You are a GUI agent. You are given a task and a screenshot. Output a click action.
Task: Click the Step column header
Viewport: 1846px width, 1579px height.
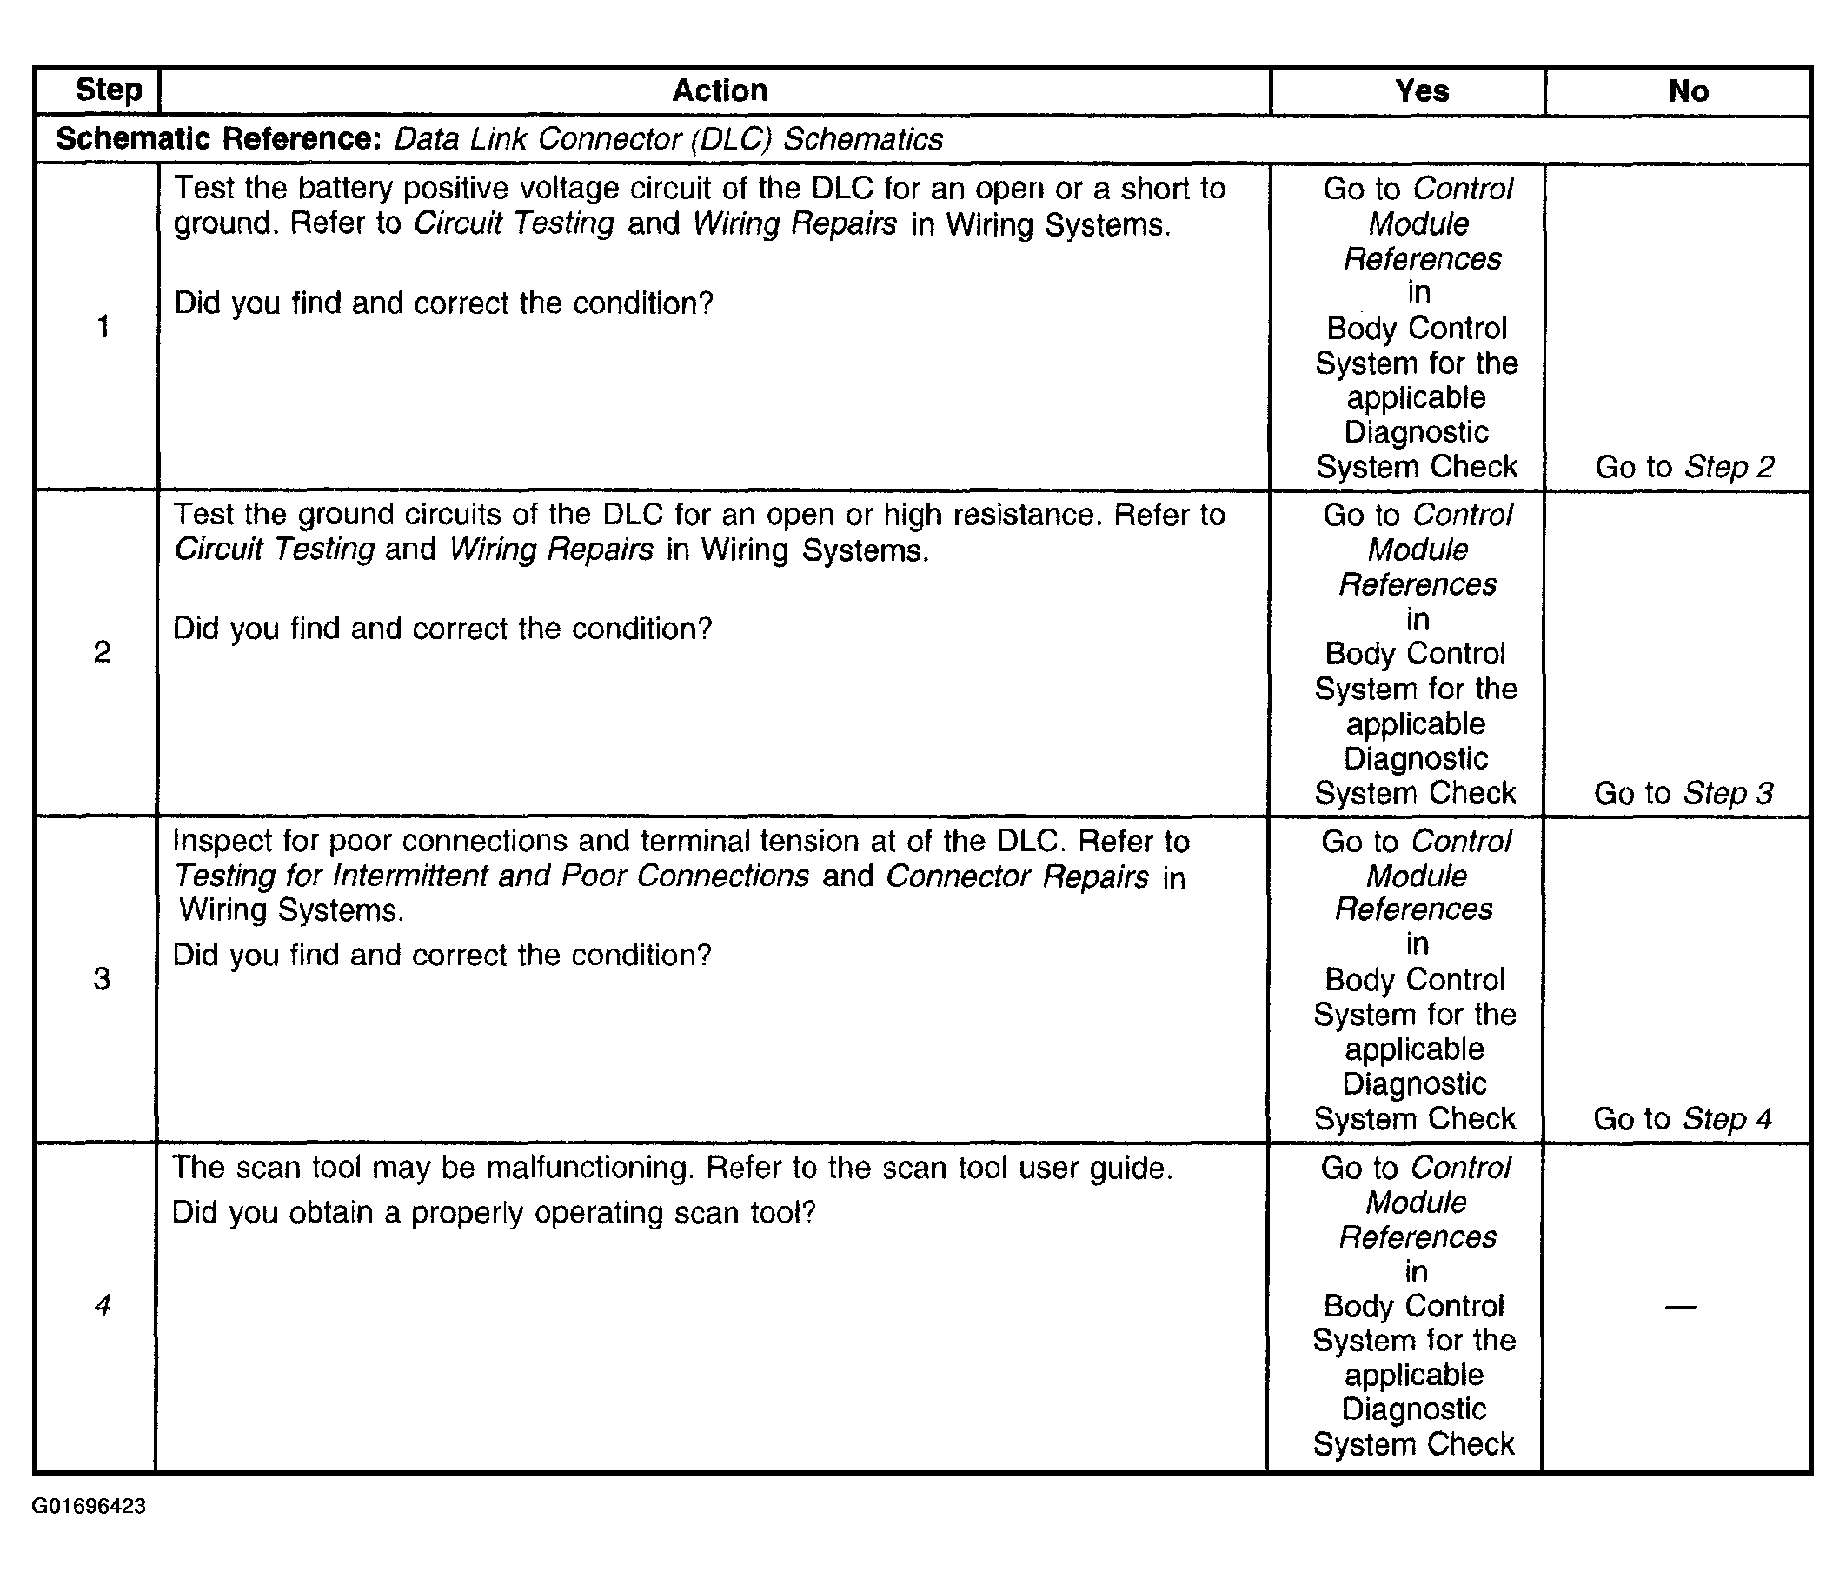[108, 90]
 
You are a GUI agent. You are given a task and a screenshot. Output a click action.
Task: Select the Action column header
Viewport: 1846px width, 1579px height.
[719, 90]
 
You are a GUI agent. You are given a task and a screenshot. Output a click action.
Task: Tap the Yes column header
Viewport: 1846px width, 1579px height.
[1421, 90]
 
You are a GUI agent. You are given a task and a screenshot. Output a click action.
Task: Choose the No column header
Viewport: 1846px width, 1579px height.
[1688, 90]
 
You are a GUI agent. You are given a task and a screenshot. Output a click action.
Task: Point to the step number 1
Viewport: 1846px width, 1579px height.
[103, 326]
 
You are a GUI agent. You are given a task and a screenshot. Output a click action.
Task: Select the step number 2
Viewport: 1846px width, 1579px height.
[102, 652]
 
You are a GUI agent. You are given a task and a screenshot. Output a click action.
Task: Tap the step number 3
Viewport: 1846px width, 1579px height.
[102, 978]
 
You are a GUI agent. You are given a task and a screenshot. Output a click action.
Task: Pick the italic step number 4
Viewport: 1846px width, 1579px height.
[103, 1304]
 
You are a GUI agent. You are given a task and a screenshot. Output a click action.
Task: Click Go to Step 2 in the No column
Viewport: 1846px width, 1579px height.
[1683, 466]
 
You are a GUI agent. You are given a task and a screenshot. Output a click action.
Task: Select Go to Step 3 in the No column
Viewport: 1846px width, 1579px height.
[1683, 792]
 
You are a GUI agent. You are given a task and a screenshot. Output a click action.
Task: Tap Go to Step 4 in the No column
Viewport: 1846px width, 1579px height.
[1682, 1118]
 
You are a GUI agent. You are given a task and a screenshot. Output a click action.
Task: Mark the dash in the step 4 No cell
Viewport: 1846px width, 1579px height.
[1679, 1306]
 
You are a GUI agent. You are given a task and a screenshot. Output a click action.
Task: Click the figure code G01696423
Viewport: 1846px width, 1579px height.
[90, 1506]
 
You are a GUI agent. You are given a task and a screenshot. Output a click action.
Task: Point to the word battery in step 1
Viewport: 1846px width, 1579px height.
[346, 189]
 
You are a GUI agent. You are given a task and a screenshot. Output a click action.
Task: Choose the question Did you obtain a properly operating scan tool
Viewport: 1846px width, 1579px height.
[493, 1213]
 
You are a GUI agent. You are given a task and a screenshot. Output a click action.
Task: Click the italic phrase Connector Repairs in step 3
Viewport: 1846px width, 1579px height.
[1017, 876]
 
